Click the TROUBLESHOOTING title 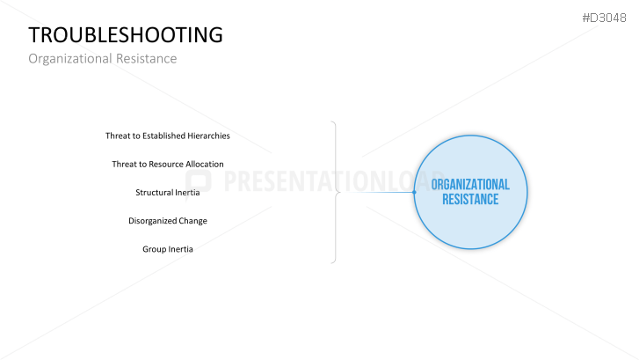(126, 35)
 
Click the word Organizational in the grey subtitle (70, 59)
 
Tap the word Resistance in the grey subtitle (146, 58)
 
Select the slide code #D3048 (604, 18)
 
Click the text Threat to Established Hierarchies (168, 136)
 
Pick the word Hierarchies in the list (208, 136)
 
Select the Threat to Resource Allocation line (168, 164)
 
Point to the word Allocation (205, 164)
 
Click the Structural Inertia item (168, 192)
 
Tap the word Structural (151, 192)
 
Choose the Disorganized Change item (168, 221)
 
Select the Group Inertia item (168, 249)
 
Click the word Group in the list (152, 249)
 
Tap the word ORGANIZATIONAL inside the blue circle (470, 185)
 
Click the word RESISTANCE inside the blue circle (470, 200)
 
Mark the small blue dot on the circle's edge (414, 192)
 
